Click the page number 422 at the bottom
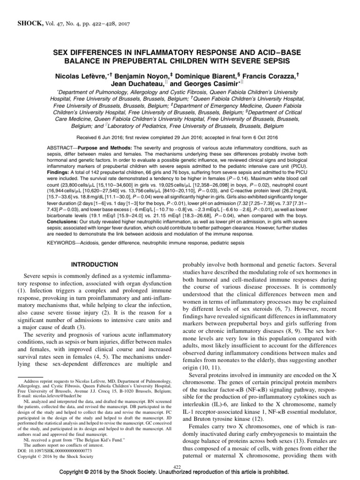point(177,467)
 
